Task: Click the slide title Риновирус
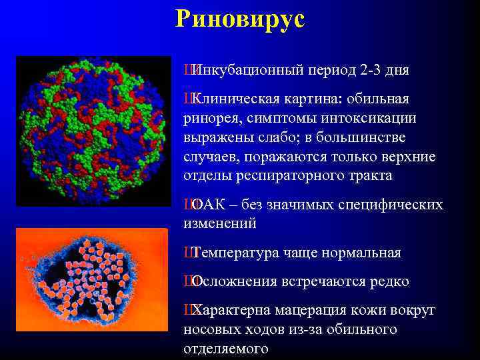(240, 19)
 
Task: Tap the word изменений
(220, 224)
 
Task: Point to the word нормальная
(361, 253)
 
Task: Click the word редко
(386, 282)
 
